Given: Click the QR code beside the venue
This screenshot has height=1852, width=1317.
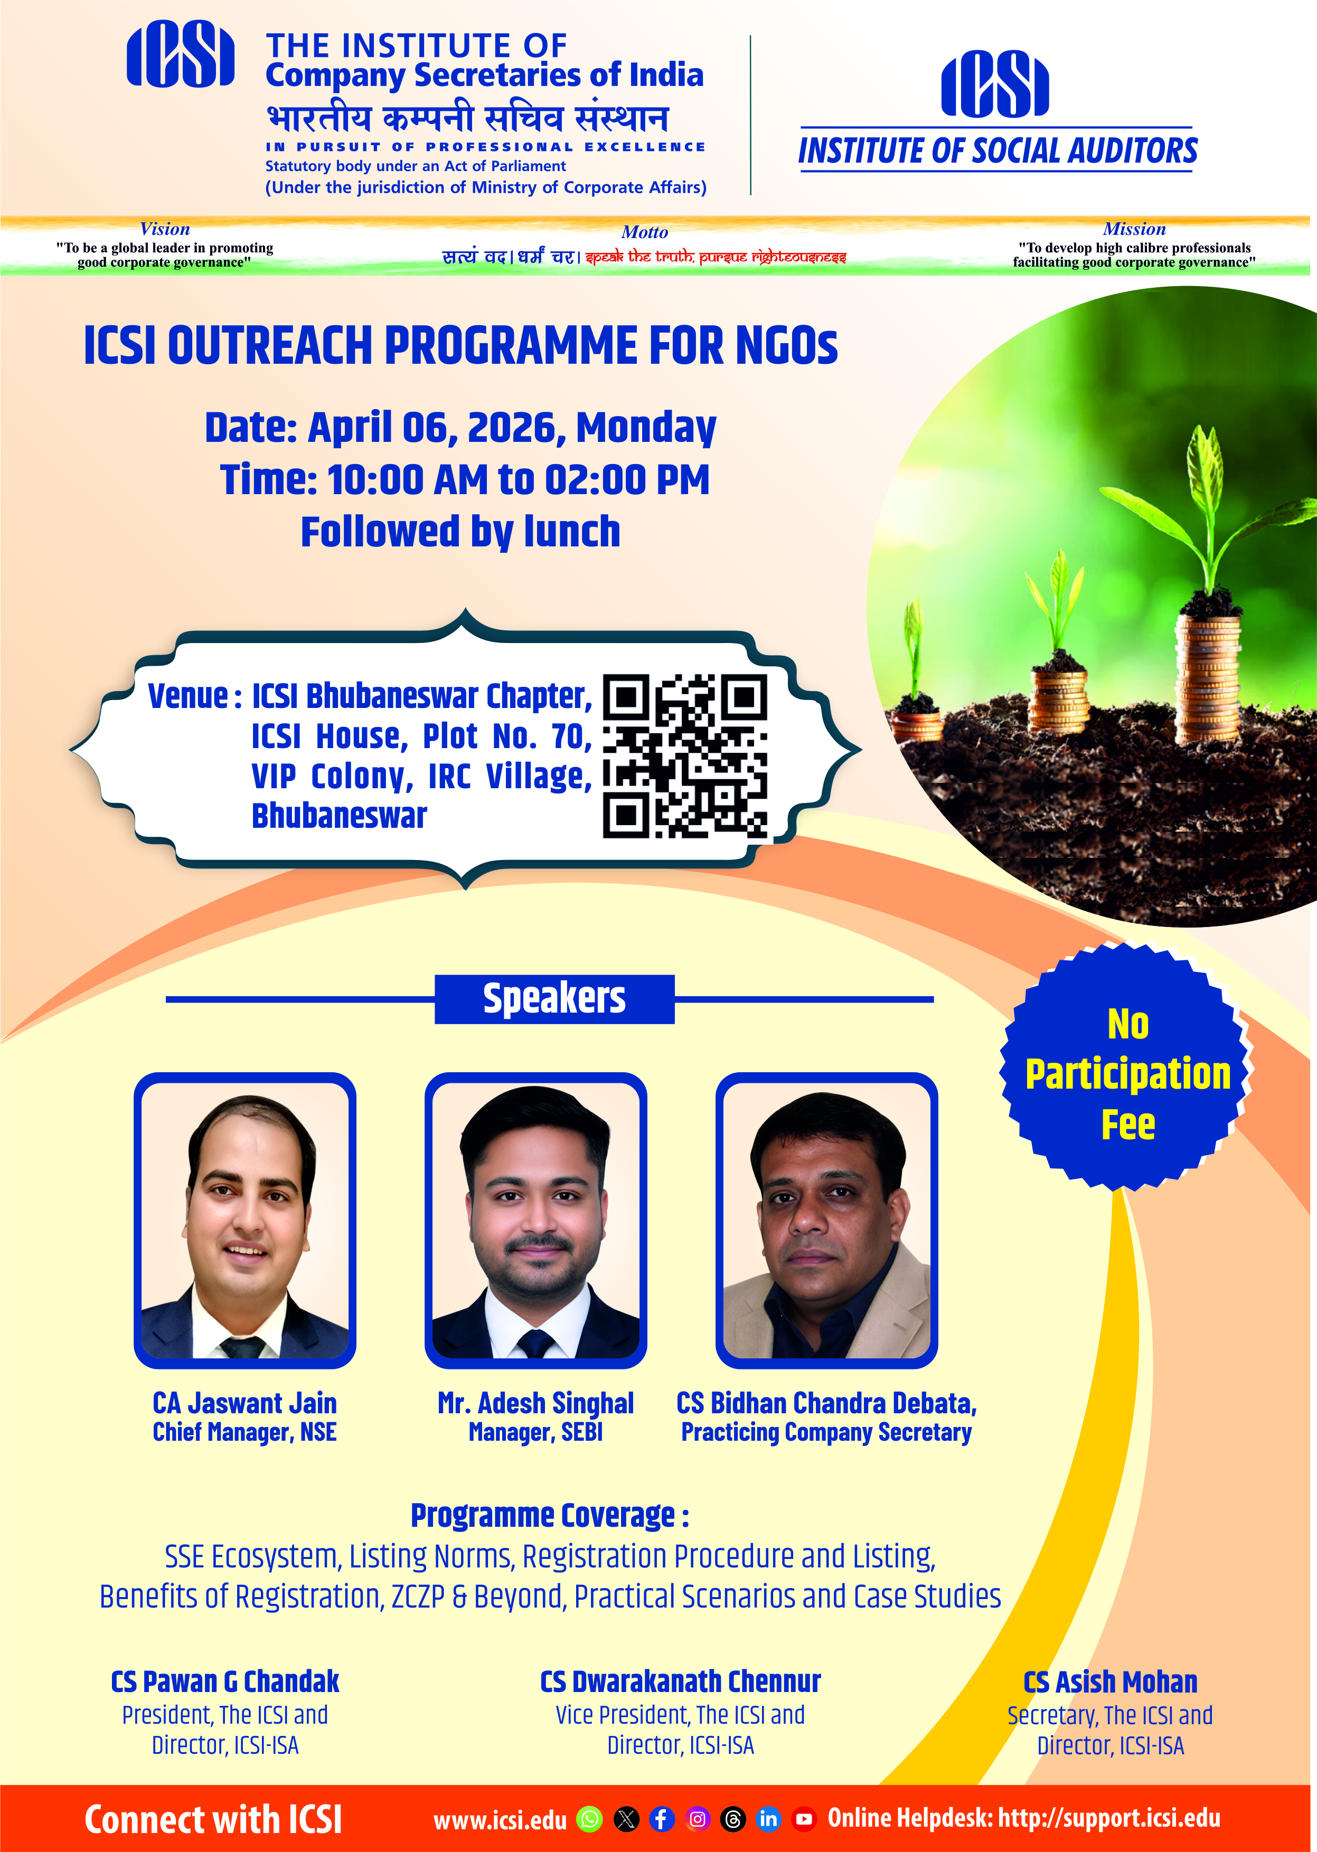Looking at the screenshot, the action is coord(685,755).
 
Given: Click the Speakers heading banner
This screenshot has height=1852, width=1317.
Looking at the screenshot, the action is coord(554,999).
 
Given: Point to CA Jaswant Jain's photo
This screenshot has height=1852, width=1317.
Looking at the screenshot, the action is coord(245,1221).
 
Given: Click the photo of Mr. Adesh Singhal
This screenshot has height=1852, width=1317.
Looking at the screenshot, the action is coord(536,1221).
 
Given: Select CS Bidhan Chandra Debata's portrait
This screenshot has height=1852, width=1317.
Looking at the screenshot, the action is coord(826,1221).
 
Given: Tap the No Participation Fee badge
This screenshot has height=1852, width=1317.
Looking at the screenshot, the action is coord(1127,1067).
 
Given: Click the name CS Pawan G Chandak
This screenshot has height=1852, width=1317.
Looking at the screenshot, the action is coord(225,1681).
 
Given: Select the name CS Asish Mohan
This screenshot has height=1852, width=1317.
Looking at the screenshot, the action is coord(1110,1681).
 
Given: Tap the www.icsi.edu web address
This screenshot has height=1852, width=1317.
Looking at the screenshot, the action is coord(501,1820).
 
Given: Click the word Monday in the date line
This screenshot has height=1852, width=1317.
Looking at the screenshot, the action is coord(646,428).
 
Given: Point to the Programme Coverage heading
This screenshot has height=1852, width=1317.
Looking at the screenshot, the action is coord(550,1515).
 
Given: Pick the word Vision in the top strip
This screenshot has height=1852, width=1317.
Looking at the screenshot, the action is coord(165,229).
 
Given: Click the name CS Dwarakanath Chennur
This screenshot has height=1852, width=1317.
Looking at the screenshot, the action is coord(680,1681).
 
